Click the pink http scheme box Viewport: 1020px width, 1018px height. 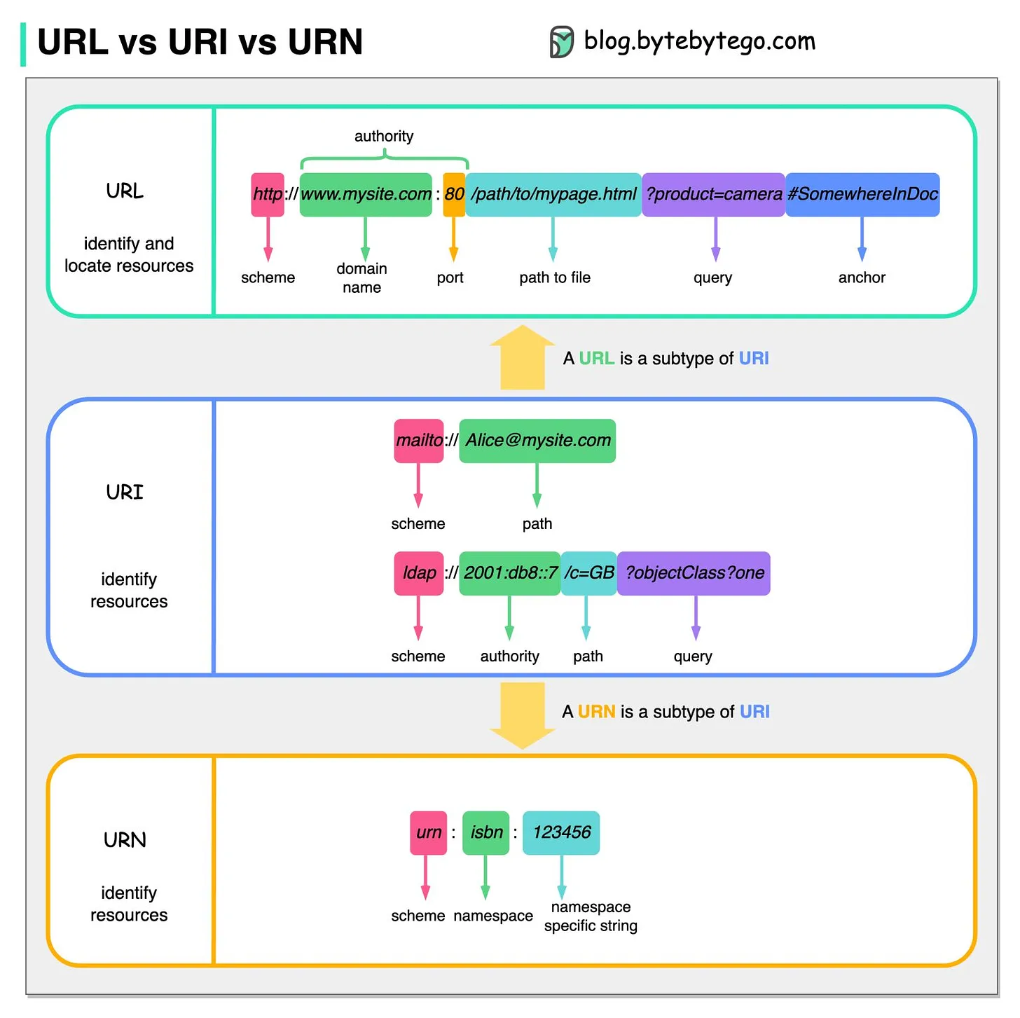point(268,194)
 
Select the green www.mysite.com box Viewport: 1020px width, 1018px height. point(366,194)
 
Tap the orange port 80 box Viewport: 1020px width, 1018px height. point(454,194)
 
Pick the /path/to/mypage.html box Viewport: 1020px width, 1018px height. point(553,194)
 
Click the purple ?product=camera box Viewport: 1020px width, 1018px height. point(713,194)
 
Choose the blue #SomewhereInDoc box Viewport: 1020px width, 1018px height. point(862,194)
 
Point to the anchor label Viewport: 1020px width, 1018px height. point(862,277)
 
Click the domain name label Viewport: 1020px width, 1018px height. point(361,278)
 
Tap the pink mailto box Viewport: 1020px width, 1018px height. point(419,441)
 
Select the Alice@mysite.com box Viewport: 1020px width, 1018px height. point(537,441)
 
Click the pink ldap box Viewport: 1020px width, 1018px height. point(419,573)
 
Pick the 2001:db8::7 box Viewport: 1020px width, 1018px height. point(510,573)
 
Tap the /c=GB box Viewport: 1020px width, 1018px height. point(588,573)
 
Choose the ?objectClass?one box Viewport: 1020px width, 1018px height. point(694,573)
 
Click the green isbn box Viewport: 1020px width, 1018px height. point(486,832)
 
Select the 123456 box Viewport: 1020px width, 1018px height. point(561,832)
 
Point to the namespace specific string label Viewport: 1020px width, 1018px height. point(591,916)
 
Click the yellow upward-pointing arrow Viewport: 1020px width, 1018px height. point(523,357)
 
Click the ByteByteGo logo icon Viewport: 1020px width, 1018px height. point(561,41)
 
